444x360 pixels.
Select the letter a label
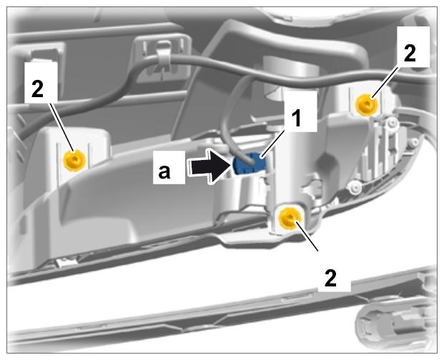pyautogui.click(x=164, y=171)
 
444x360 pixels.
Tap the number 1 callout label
pyautogui.click(x=297, y=119)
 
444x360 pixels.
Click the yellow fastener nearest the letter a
pyautogui.click(x=74, y=160)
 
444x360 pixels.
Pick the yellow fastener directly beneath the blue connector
pyautogui.click(x=290, y=218)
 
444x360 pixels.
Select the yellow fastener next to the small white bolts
pyautogui.click(x=367, y=104)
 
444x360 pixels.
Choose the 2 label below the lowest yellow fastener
pyautogui.click(x=330, y=278)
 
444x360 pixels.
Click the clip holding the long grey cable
pyautogui.click(x=164, y=58)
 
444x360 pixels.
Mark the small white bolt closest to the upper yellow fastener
pyautogui.click(x=393, y=122)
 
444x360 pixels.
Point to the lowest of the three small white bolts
pyautogui.click(x=355, y=186)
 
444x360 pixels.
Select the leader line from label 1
pyautogui.click(x=272, y=143)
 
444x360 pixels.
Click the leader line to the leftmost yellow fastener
pyautogui.click(x=62, y=128)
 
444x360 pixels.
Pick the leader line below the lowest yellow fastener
pyautogui.click(x=307, y=236)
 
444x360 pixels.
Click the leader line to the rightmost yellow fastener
pyautogui.click(x=385, y=84)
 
